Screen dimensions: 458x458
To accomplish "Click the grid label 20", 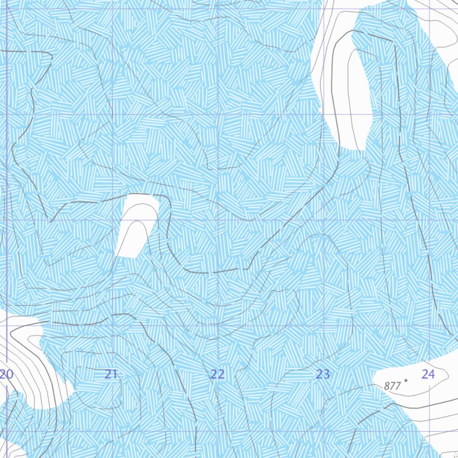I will [x=7, y=374].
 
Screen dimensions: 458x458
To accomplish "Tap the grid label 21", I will [x=111, y=374].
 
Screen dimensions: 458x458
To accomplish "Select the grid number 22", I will [x=217, y=374].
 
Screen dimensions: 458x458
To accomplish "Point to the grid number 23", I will [x=323, y=374].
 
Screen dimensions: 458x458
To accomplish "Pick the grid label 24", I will [x=428, y=374].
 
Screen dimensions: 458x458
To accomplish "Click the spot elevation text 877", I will [x=392, y=386].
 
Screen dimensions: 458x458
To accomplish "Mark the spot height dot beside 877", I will [x=406, y=381].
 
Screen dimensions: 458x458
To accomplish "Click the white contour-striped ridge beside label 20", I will [x=31, y=367].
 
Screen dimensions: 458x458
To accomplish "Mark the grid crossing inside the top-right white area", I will [x=429, y=9].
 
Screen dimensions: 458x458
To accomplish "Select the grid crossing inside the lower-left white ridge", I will [x=7, y=326].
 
